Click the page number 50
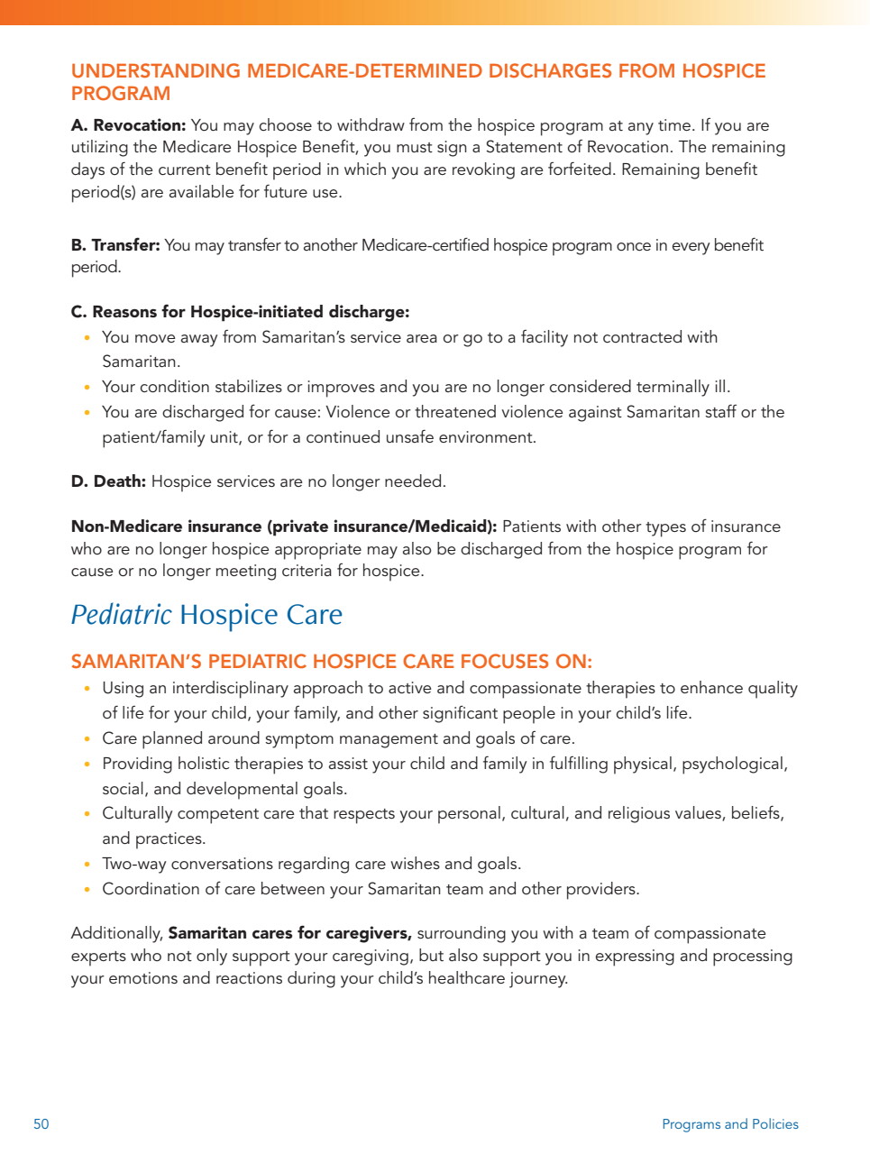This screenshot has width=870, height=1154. click(41, 1124)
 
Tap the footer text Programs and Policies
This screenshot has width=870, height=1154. click(729, 1124)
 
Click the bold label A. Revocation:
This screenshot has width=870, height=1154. click(128, 125)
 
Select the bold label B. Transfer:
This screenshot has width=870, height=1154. click(115, 245)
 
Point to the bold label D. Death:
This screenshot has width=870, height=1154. click(108, 481)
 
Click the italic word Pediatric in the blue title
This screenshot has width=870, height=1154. click(121, 615)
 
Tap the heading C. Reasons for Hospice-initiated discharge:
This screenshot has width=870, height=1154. click(240, 312)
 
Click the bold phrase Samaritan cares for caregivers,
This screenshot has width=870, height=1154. click(289, 933)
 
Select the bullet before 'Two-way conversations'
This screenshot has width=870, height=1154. click(87, 865)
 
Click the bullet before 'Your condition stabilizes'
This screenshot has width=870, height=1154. click(87, 388)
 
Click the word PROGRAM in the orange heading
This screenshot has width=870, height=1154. click(121, 94)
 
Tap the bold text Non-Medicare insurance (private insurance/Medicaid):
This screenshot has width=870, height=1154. click(283, 527)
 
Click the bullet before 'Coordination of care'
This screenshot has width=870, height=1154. click(87, 890)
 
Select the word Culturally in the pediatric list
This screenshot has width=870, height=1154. click(137, 813)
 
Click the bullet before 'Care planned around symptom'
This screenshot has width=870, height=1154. click(87, 739)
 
